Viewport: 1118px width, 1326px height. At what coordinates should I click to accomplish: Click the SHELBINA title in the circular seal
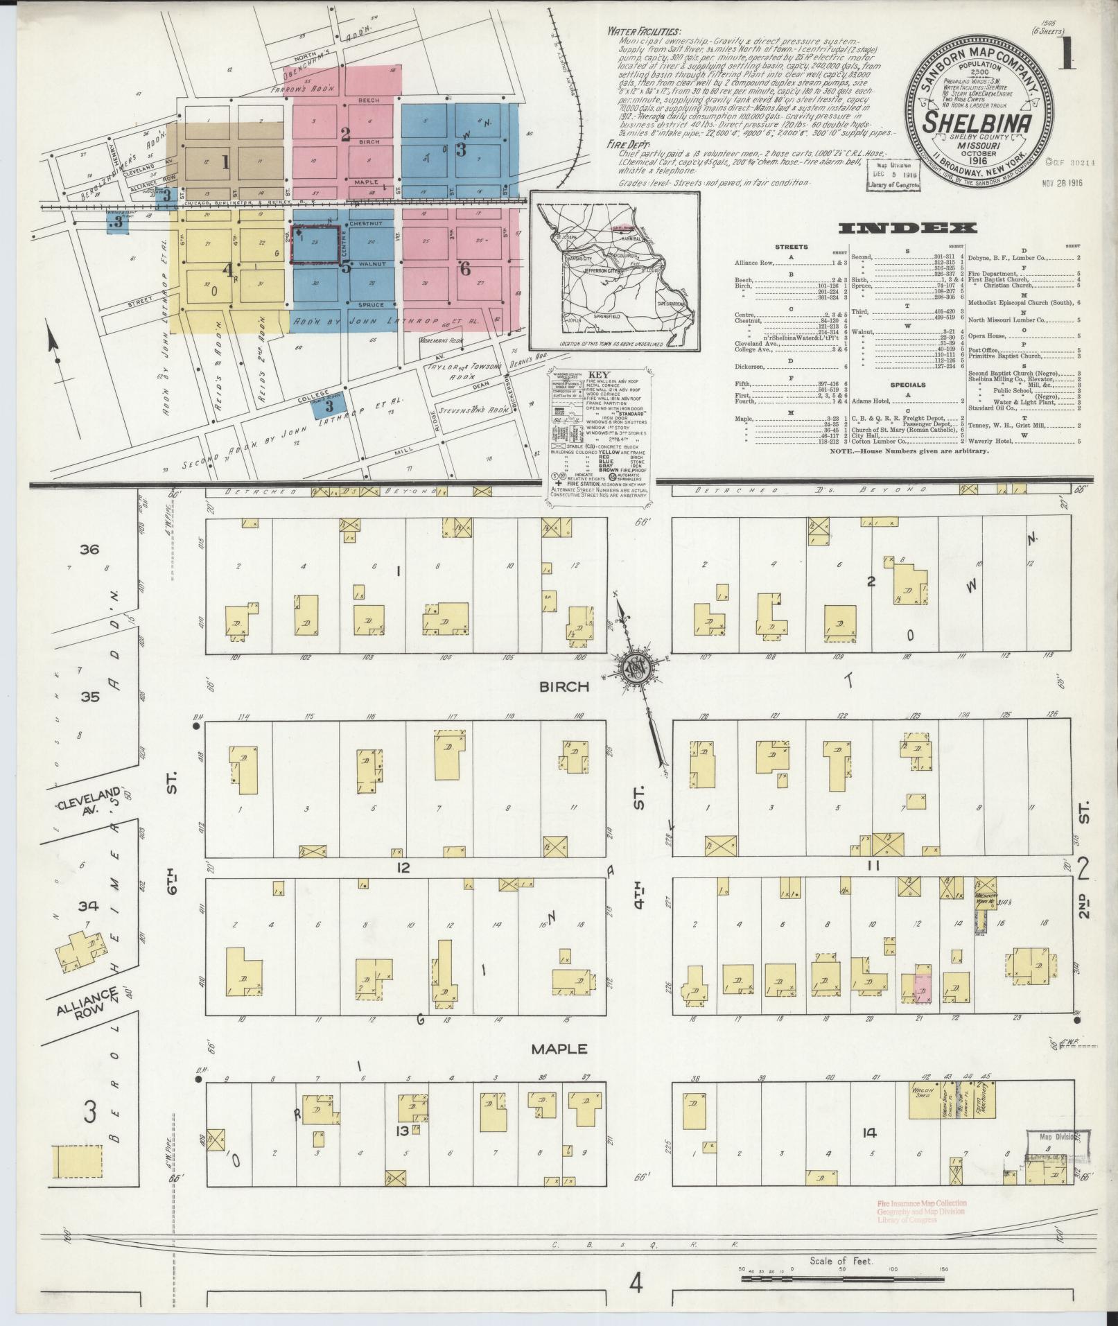click(x=979, y=123)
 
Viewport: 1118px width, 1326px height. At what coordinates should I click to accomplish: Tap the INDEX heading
click(x=907, y=228)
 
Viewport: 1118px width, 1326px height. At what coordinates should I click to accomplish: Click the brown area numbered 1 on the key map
click(x=226, y=163)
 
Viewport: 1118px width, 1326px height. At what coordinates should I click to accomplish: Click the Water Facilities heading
click(x=643, y=32)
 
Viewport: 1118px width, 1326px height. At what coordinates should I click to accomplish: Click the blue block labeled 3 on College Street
click(x=329, y=405)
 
